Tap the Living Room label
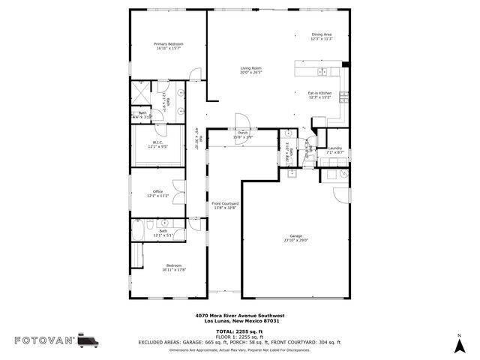(x=250, y=69)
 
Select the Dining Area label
(x=321, y=34)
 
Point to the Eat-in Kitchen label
(x=319, y=93)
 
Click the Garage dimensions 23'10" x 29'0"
(x=296, y=241)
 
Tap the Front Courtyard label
(x=224, y=203)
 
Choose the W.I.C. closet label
(x=157, y=142)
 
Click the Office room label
(x=157, y=191)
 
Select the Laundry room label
(x=334, y=148)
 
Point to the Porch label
(x=243, y=133)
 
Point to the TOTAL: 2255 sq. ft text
(x=239, y=331)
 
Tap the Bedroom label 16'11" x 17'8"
(x=174, y=268)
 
